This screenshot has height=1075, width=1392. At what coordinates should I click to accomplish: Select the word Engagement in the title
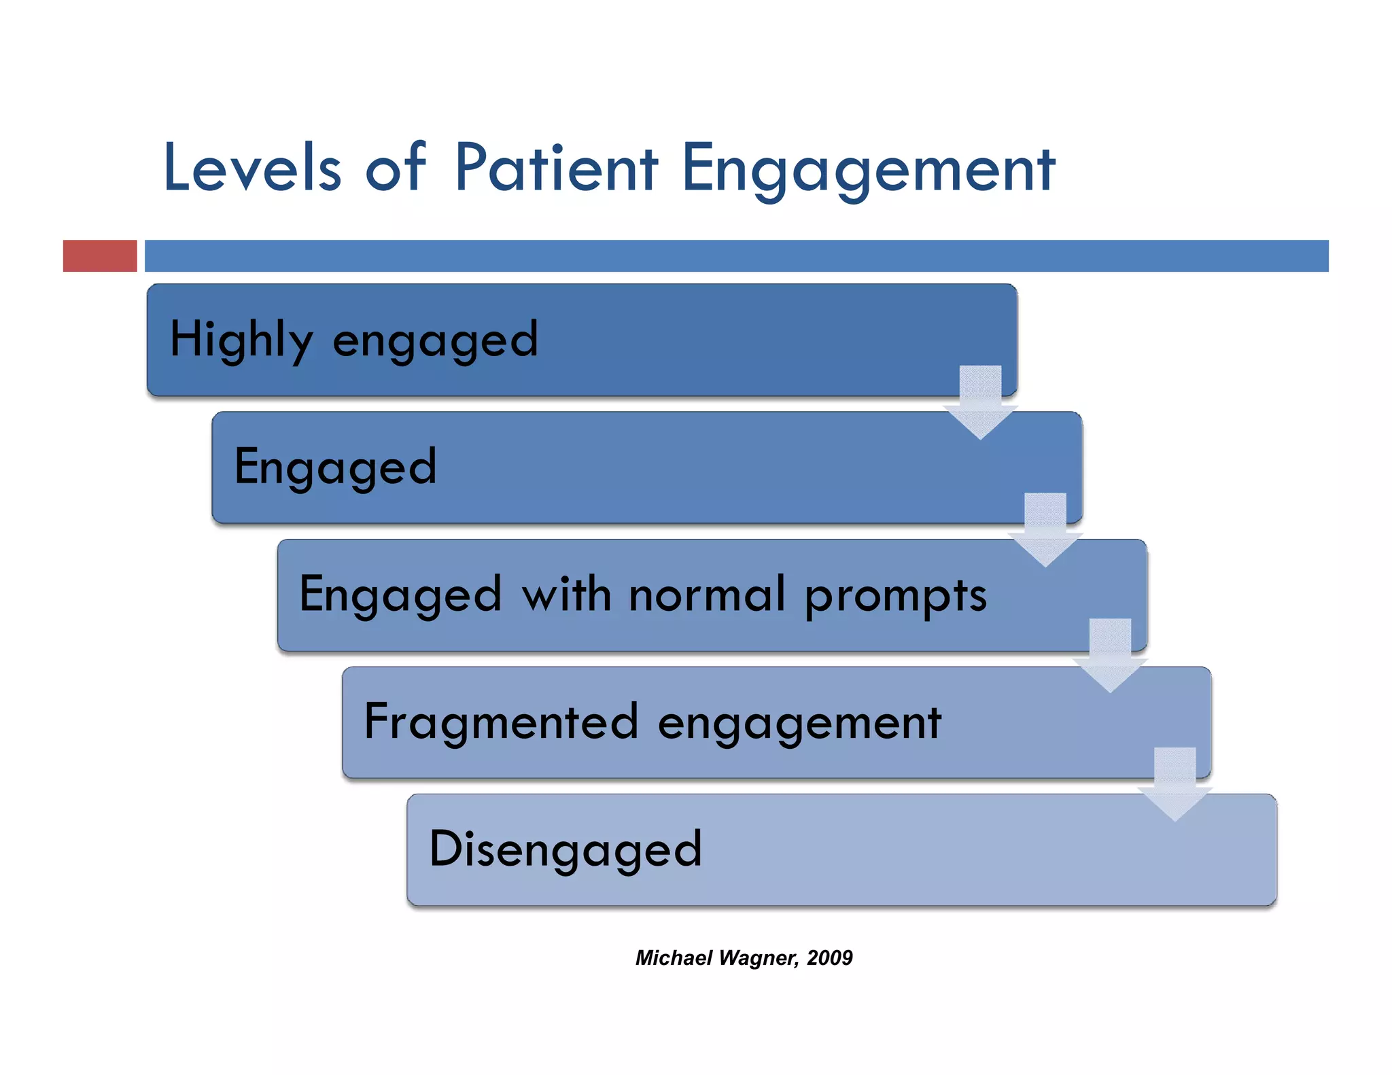(x=868, y=169)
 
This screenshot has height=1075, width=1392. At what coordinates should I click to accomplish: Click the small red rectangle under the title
(x=100, y=256)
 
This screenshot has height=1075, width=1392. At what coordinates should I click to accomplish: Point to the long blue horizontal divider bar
(x=736, y=256)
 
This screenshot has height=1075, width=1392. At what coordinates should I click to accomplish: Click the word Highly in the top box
(x=241, y=340)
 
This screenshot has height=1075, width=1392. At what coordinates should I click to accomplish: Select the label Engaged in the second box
(x=335, y=468)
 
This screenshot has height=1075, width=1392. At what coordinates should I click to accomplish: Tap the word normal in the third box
(x=707, y=595)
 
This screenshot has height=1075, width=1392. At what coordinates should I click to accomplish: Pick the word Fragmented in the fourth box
(x=501, y=722)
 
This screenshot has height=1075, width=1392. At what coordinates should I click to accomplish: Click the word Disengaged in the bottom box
(x=565, y=849)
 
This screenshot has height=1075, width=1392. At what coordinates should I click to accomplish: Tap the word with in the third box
(x=565, y=594)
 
